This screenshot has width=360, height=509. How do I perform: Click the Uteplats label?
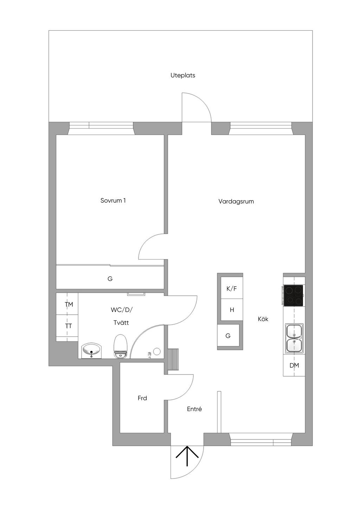click(x=183, y=76)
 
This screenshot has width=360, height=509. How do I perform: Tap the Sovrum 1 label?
click(x=113, y=201)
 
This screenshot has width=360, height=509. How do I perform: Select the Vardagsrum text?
click(x=236, y=202)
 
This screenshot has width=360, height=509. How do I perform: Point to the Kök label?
click(x=263, y=319)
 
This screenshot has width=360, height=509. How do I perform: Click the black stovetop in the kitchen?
click(x=293, y=295)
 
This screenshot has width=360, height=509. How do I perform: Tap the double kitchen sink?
click(x=294, y=338)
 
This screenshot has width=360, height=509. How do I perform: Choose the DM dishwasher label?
click(x=294, y=365)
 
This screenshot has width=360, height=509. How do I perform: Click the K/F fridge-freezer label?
click(x=232, y=289)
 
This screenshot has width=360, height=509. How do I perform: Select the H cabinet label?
click(x=232, y=310)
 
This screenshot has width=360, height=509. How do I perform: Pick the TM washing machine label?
click(x=69, y=305)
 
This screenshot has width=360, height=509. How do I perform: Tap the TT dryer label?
click(x=69, y=326)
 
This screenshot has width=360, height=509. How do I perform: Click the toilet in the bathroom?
click(x=120, y=346)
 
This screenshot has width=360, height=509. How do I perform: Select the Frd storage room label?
click(x=142, y=398)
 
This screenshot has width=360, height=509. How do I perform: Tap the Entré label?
click(x=194, y=409)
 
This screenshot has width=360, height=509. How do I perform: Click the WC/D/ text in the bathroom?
click(x=121, y=310)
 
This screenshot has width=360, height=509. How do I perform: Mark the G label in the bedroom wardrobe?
click(x=110, y=279)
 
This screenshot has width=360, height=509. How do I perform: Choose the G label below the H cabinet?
click(x=228, y=335)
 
